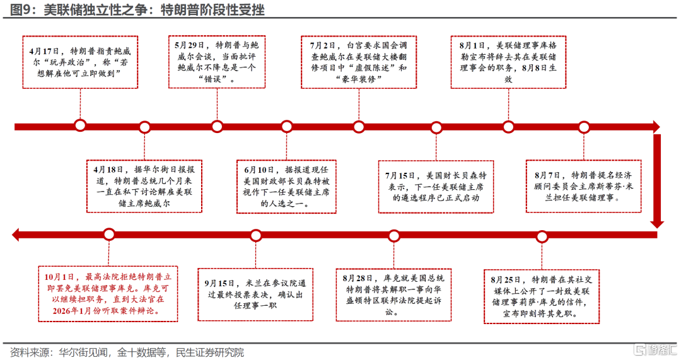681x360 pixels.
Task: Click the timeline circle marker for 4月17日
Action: [80, 125]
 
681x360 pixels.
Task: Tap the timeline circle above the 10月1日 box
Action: [108, 235]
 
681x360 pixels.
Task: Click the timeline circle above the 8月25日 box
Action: [541, 236]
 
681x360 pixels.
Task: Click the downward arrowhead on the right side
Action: [658, 222]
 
